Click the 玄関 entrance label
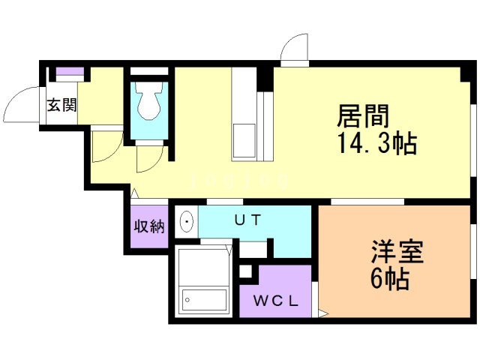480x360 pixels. [x=61, y=106]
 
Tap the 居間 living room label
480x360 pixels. [x=363, y=116]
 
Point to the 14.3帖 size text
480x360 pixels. [x=376, y=143]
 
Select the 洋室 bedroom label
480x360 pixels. [x=397, y=252]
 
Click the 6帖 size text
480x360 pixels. [x=390, y=279]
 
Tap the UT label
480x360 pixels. [x=247, y=220]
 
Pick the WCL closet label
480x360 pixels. [x=276, y=301]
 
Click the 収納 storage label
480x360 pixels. [x=149, y=226]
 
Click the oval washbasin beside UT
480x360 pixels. [x=187, y=221]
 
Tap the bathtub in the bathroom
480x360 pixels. [x=204, y=300]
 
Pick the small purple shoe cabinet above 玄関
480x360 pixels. [x=70, y=71]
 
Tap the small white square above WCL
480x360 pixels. [x=245, y=271]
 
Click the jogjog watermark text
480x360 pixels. [x=239, y=181]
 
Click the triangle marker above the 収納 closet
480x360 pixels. [x=134, y=193]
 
